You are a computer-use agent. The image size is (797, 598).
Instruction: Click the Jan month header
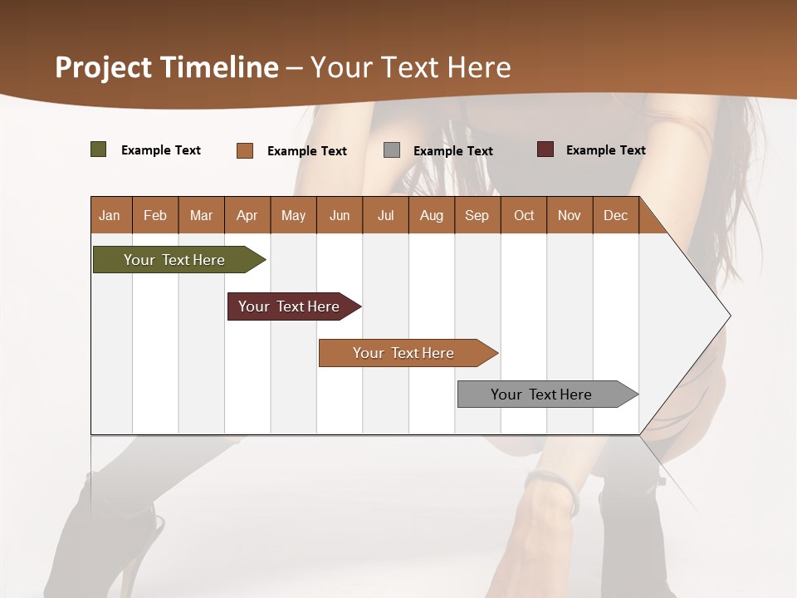click(110, 216)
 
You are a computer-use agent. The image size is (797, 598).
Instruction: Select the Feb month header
click(155, 216)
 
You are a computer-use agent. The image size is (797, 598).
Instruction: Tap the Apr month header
click(247, 216)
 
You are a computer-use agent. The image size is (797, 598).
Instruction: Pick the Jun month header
click(340, 216)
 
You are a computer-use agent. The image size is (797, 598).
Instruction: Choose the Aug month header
click(431, 216)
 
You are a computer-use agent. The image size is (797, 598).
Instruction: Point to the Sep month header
click(477, 216)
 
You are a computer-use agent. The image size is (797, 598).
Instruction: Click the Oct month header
click(524, 216)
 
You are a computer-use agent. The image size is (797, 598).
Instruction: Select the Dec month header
click(615, 216)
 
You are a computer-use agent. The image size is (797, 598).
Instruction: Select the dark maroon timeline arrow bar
click(291, 306)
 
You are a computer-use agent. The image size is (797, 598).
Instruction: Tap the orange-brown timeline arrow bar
click(405, 353)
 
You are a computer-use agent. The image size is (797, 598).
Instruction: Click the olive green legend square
click(99, 149)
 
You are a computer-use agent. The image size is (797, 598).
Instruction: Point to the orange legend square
click(245, 150)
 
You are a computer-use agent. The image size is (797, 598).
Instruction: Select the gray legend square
click(392, 150)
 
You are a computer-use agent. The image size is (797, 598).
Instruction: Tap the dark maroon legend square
click(545, 149)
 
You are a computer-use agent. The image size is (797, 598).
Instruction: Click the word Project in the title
click(103, 67)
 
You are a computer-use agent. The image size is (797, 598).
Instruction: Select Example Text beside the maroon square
click(605, 150)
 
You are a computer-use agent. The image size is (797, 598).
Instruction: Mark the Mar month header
click(201, 216)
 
